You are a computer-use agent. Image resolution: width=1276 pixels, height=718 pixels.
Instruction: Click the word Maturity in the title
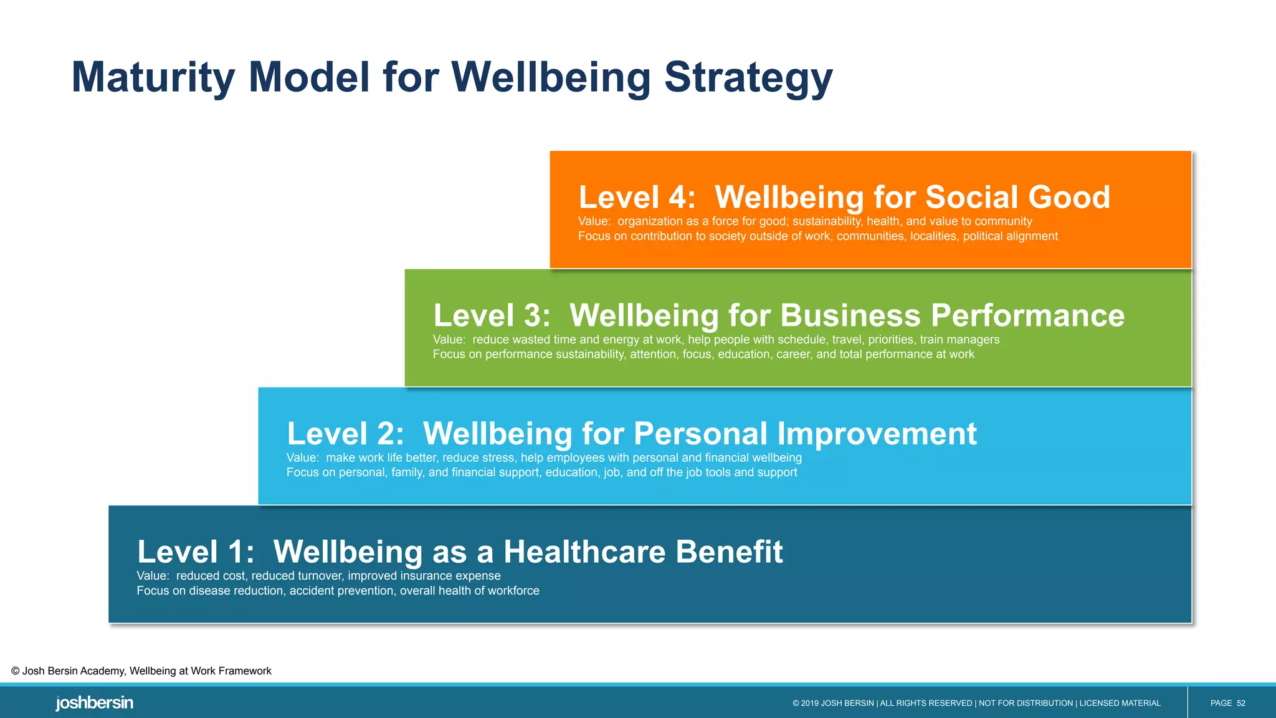(153, 78)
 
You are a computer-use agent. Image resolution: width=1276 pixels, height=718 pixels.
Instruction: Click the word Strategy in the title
(748, 78)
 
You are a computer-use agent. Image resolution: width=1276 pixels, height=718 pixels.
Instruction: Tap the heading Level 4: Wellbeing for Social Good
(844, 197)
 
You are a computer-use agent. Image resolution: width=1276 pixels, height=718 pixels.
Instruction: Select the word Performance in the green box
(1027, 315)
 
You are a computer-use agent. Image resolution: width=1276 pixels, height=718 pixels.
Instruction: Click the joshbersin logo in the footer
(94, 703)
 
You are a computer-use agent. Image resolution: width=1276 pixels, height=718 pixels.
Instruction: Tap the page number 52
(1240, 703)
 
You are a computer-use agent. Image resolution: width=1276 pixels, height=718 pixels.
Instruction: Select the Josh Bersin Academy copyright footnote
(141, 671)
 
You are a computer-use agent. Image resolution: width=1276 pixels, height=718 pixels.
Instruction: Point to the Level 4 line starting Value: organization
(804, 221)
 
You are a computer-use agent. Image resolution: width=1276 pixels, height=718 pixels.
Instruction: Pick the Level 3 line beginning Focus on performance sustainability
(703, 354)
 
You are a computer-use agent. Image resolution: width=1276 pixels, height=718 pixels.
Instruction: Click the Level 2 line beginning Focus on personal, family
(541, 472)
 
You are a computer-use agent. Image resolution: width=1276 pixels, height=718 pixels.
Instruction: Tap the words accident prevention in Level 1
(341, 591)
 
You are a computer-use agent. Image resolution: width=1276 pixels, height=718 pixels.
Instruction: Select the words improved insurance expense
(424, 576)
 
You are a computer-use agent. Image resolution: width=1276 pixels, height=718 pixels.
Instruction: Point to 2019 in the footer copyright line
(810, 703)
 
